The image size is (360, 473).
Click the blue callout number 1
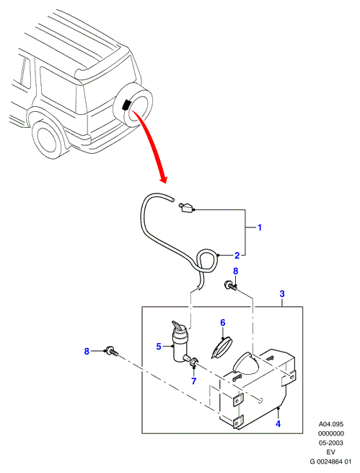click(260, 227)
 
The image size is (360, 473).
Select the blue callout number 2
click(237, 256)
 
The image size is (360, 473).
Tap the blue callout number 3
click(282, 294)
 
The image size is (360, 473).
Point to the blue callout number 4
click(278, 424)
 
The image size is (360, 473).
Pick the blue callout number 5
click(159, 347)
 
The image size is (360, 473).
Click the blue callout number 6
click(223, 323)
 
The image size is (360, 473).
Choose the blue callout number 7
click(193, 381)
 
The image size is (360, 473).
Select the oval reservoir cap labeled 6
click(222, 347)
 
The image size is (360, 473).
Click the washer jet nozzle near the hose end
click(186, 207)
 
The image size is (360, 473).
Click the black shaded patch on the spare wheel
click(126, 105)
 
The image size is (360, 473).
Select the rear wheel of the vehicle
click(48, 139)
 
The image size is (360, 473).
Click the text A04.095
click(330, 424)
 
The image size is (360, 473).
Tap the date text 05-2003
click(330, 443)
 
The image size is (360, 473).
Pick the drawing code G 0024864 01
click(330, 461)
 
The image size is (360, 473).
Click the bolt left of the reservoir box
click(110, 352)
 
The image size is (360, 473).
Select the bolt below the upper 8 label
click(230, 285)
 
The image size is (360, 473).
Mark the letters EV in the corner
click(330, 452)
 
